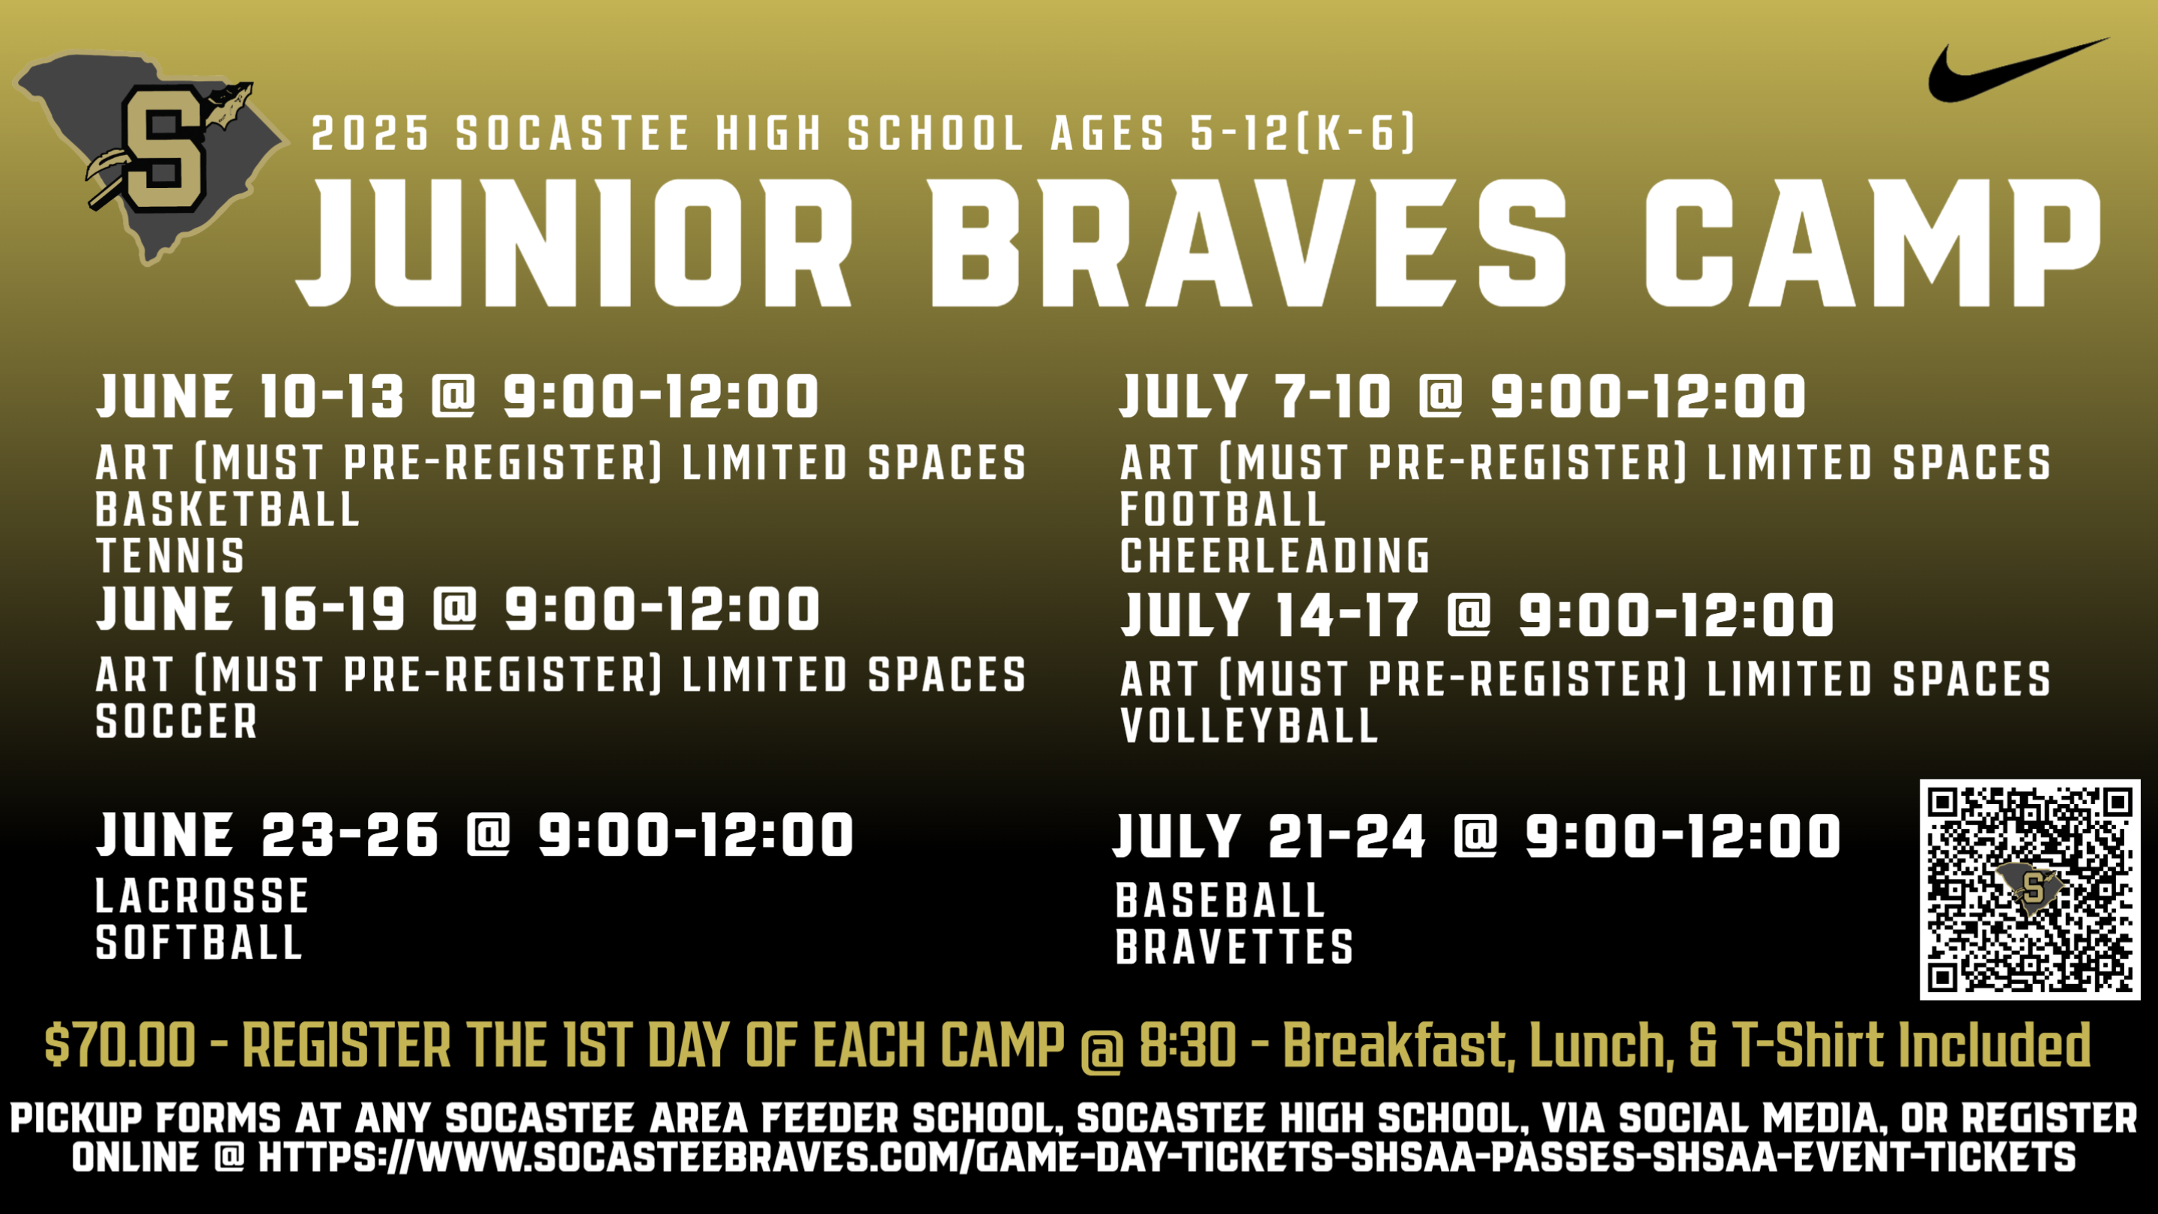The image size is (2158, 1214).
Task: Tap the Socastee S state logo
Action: (151, 155)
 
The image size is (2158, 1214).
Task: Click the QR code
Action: (2030, 889)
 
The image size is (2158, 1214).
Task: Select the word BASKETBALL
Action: (228, 510)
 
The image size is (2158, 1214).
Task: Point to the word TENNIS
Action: (170, 555)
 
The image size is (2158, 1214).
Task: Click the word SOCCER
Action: (177, 722)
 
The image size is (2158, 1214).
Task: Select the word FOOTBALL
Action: (1223, 510)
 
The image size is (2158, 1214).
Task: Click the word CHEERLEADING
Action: (1275, 555)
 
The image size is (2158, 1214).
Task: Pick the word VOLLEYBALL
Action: (1249, 725)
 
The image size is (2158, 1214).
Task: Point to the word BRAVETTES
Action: (1235, 946)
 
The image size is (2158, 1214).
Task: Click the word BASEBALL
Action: (1221, 901)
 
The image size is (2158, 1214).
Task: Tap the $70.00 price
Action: (121, 1045)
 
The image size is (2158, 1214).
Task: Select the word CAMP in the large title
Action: (1873, 243)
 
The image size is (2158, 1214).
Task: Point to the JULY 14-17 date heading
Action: (1270, 614)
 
